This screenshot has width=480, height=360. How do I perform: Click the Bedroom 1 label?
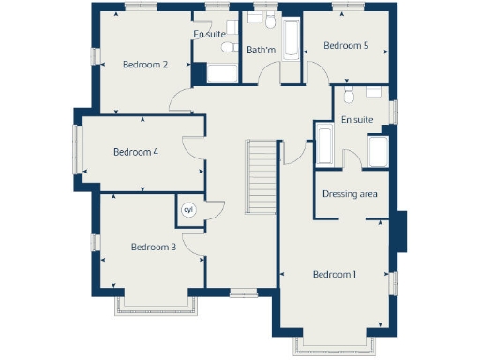(335, 274)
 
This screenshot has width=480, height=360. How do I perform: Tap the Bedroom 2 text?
(145, 65)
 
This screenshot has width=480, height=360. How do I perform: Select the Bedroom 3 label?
(154, 247)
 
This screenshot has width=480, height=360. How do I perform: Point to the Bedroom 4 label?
(136, 152)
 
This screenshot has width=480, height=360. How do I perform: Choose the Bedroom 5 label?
(346, 45)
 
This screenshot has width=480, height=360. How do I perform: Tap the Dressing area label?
(350, 194)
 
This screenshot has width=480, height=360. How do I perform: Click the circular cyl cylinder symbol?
(187, 210)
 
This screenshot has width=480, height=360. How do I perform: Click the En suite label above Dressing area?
(357, 120)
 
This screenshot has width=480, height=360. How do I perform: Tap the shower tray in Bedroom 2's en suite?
(221, 75)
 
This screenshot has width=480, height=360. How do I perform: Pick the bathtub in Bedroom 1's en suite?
(324, 145)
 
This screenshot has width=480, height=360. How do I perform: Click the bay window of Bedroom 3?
(156, 307)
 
